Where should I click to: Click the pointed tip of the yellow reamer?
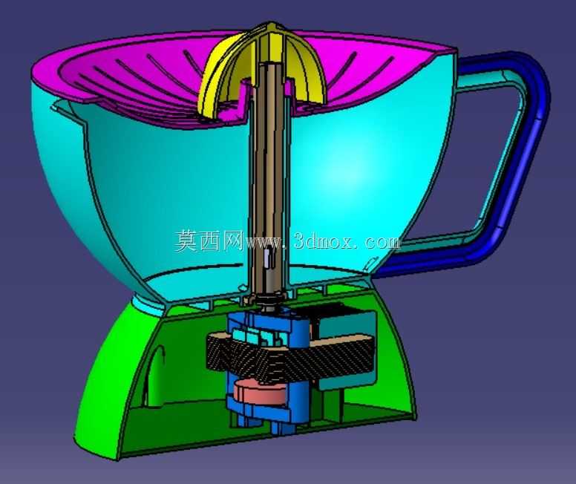coord(271,24)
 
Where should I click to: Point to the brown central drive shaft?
coord(271,177)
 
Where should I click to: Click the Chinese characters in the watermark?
coord(209,241)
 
